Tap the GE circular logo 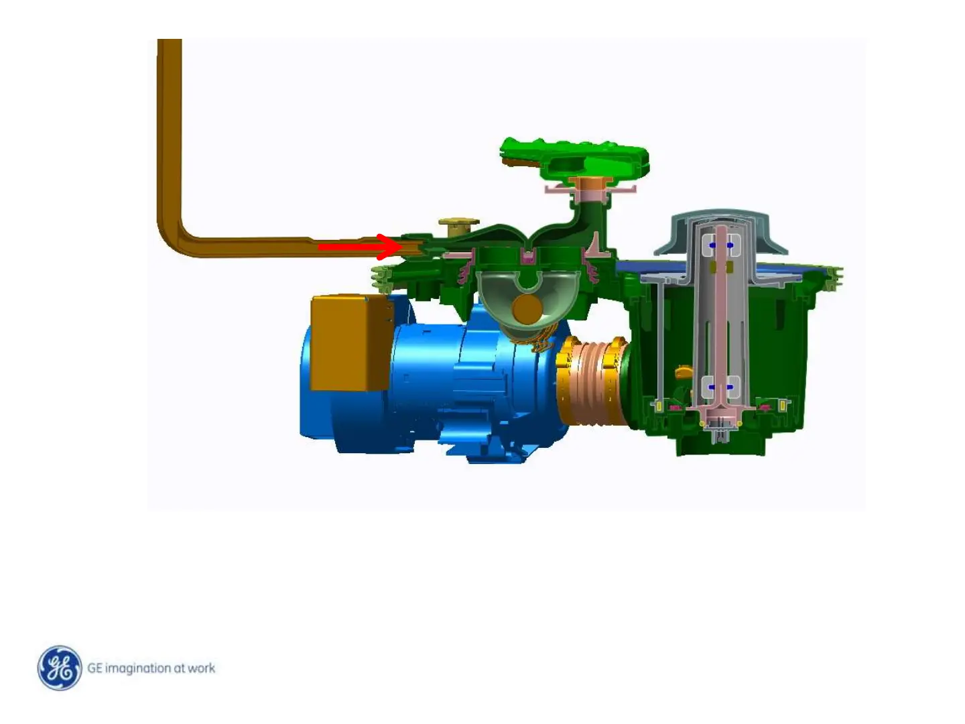click(60, 668)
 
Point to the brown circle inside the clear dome click(527, 310)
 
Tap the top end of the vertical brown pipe click(170, 40)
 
